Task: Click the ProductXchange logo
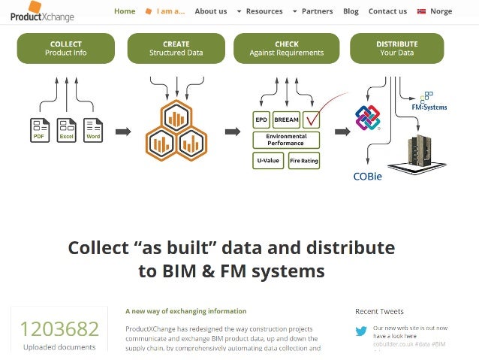42,12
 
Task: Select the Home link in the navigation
125,11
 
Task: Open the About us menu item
210,11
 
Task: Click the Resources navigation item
264,11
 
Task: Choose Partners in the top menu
317,11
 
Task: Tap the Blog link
351,11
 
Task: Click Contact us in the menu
387,11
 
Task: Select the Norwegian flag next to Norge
421,11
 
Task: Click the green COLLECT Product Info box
66,48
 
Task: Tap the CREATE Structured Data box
176,48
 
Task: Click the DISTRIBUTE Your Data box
396,48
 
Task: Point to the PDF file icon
40,129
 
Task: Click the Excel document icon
66,129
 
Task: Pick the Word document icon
92,129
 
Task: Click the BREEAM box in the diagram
287,119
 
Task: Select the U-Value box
269,159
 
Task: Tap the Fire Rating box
304,159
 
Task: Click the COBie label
368,177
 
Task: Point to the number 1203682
59,329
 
